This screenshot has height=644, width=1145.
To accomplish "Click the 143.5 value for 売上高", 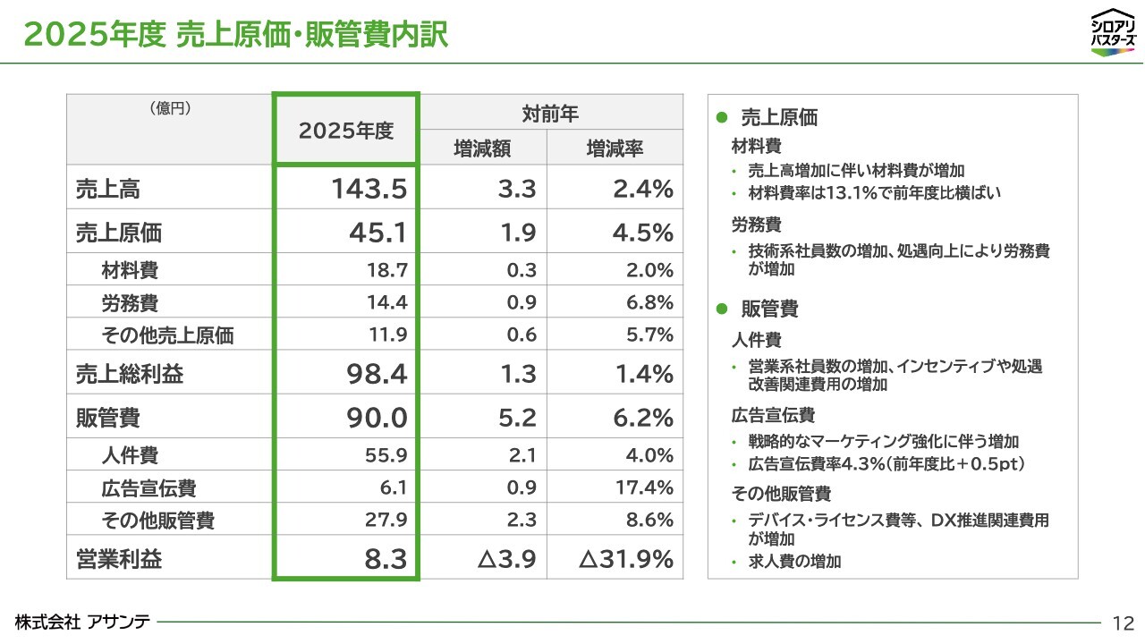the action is tap(369, 188).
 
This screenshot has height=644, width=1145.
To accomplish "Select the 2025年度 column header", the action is tap(346, 131).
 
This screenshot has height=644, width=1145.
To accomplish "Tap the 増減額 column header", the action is tap(482, 148).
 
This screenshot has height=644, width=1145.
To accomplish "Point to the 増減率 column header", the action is tap(615, 148).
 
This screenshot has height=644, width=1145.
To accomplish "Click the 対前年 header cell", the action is tap(550, 114).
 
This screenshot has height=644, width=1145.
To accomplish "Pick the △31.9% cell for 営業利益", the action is tap(625, 558).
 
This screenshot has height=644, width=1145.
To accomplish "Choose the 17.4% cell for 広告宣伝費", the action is tap(644, 487).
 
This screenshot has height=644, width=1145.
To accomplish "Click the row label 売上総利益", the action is tap(130, 373).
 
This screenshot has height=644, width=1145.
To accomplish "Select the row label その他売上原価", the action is tap(167, 335).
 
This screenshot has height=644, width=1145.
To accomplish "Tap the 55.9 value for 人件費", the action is tap(386, 455).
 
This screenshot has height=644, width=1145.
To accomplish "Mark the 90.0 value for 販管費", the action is tap(377, 417).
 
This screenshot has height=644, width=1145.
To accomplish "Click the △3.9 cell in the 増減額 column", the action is tap(506, 558).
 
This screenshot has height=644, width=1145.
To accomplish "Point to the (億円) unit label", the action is tap(170, 108).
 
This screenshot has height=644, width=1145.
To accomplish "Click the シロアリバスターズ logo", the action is tap(1114, 31).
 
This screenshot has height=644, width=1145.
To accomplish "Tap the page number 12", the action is tap(1124, 623).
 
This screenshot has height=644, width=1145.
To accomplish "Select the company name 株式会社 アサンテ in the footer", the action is tap(83, 622).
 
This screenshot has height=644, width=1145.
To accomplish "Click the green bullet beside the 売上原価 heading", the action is tap(722, 117).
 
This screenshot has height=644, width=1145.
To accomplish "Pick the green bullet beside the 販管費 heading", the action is tap(722, 309).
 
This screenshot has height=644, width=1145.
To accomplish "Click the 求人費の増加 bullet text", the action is tap(795, 561).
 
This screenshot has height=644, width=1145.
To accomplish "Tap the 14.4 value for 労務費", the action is tap(387, 302).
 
